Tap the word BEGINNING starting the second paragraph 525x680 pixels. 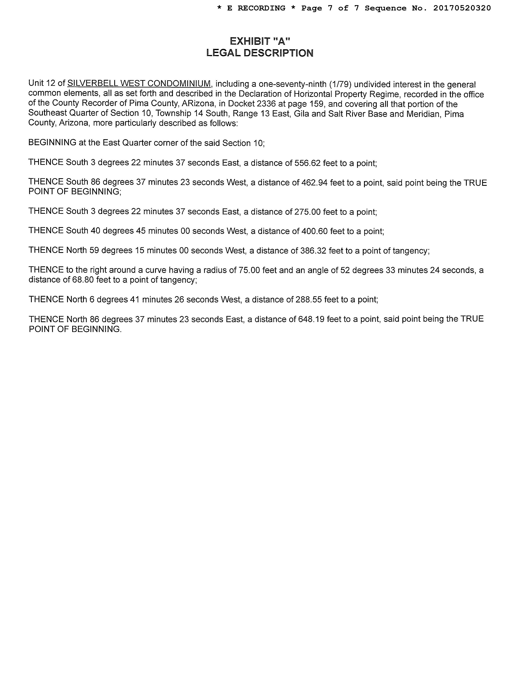click(52, 143)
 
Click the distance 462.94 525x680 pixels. click(314, 183)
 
